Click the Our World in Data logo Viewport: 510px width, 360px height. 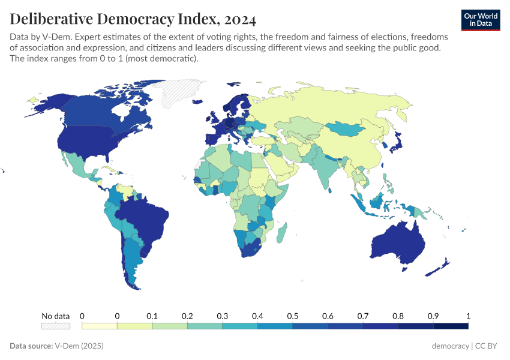480,19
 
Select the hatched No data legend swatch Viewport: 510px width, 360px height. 55,326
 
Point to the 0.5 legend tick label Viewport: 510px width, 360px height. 293,316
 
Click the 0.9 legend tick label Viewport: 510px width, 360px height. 433,316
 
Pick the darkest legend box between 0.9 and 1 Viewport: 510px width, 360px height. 451,326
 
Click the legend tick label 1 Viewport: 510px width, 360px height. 468,316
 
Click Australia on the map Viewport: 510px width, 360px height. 397,243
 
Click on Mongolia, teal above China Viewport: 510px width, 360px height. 347,128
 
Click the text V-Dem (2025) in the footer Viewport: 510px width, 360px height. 79,346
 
